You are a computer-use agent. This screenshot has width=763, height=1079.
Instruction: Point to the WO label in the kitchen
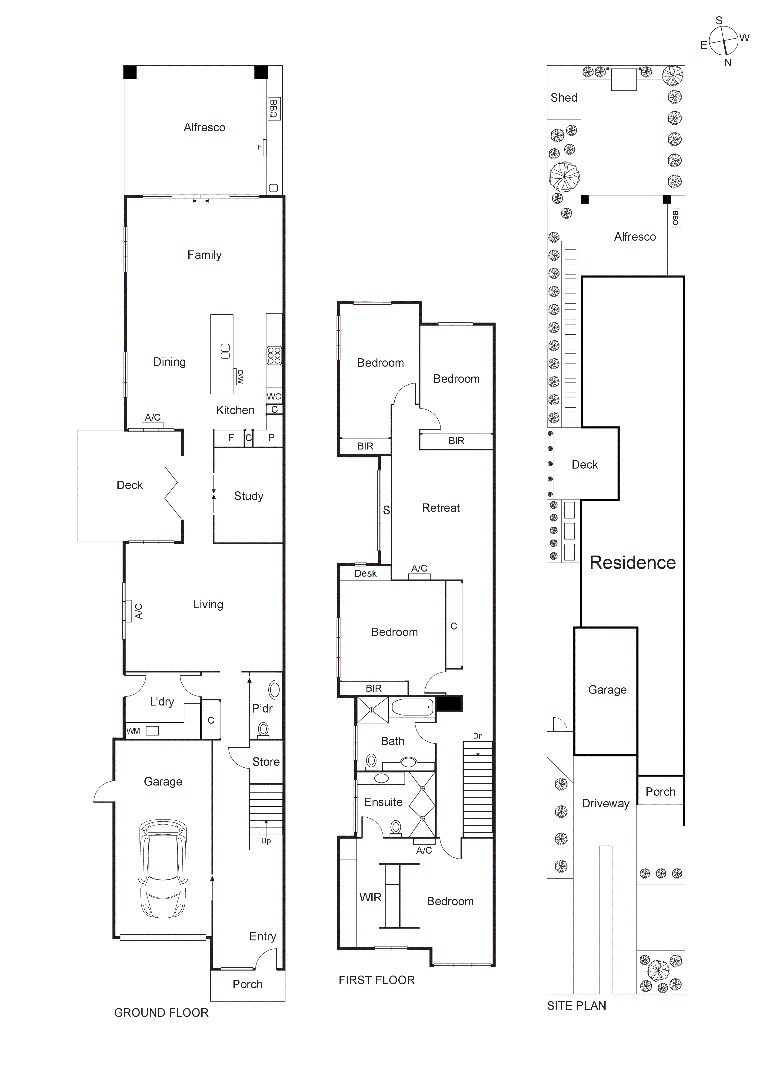[x=274, y=396]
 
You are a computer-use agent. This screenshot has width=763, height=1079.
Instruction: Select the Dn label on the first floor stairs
[x=478, y=736]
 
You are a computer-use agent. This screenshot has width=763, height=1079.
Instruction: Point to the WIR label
[x=370, y=897]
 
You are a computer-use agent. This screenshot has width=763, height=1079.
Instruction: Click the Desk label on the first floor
[x=366, y=573]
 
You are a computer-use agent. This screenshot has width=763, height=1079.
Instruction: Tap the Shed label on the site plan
[x=564, y=98]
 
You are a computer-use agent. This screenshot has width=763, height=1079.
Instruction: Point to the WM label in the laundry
[x=133, y=731]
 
